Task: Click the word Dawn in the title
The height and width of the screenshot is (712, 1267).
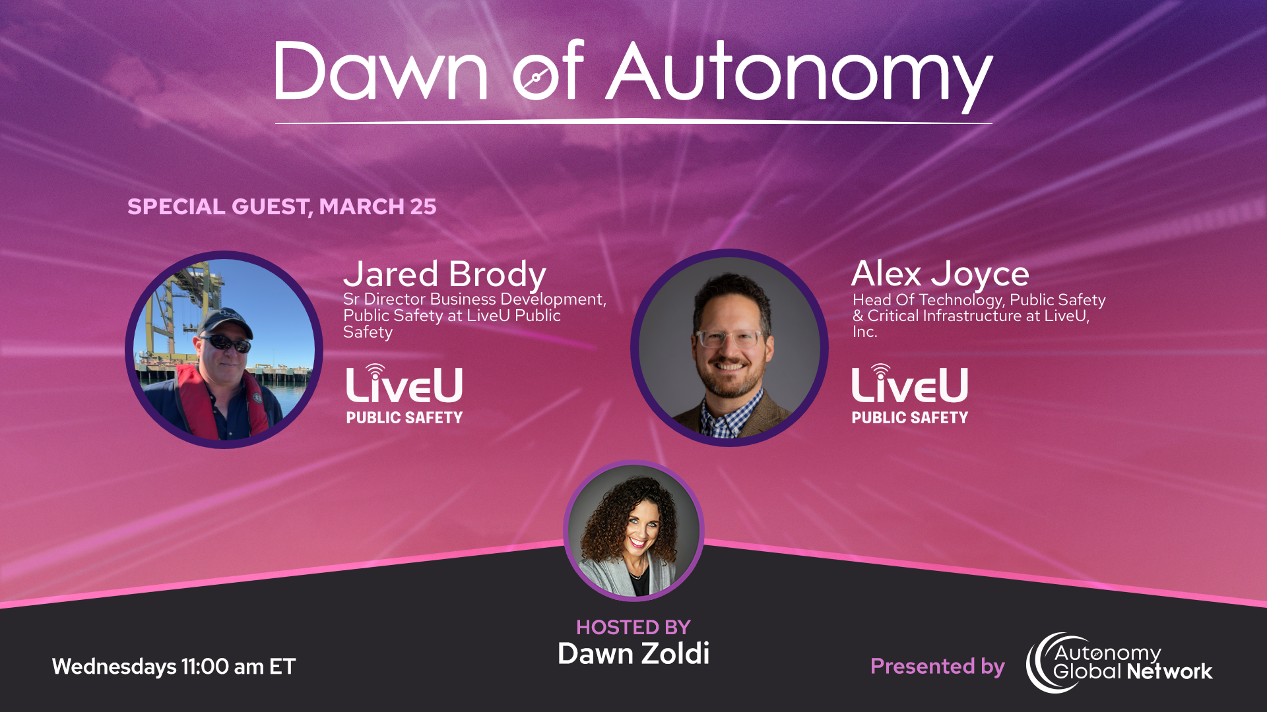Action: click(x=381, y=71)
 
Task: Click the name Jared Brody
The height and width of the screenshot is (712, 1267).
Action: click(x=444, y=274)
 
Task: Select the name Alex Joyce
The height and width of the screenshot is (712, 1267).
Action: click(x=940, y=274)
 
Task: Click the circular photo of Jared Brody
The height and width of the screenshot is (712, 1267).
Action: click(x=224, y=349)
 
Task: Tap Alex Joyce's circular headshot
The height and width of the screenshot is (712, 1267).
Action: click(x=729, y=347)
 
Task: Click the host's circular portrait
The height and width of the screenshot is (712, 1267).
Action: click(x=633, y=531)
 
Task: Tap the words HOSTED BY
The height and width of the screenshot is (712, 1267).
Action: click(x=633, y=627)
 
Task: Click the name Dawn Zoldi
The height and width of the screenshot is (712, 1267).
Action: click(x=633, y=653)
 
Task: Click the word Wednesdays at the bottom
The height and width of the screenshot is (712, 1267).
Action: click(x=114, y=667)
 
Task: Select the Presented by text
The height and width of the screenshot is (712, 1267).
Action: click(x=937, y=667)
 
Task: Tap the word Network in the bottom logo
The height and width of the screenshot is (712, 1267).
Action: click(x=1169, y=672)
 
